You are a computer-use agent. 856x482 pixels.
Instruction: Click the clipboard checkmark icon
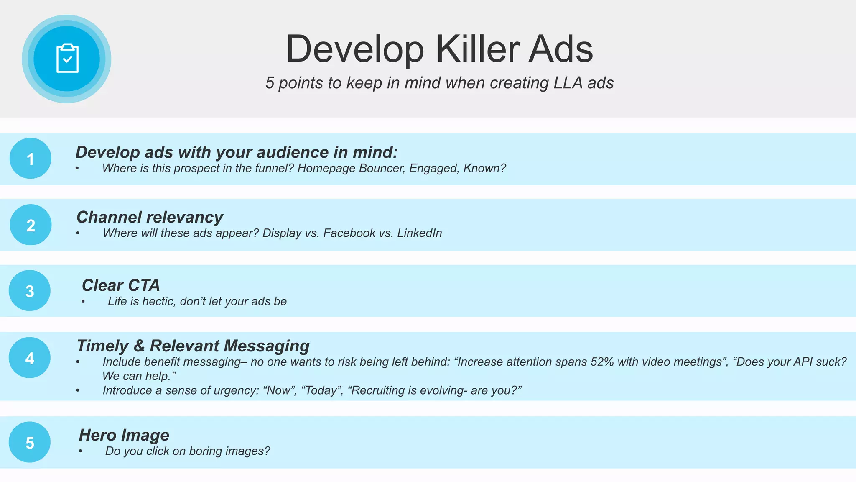pyautogui.click(x=67, y=59)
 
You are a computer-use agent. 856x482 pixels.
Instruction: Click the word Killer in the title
pyautogui.click(x=478, y=49)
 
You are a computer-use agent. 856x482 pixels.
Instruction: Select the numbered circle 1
pyautogui.click(x=31, y=159)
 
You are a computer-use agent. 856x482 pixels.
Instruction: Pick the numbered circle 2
pyautogui.click(x=31, y=225)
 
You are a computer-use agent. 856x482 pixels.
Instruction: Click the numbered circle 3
pyautogui.click(x=30, y=291)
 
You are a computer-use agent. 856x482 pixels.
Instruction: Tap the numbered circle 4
pyautogui.click(x=30, y=358)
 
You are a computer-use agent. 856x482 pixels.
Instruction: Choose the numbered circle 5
pyautogui.click(x=30, y=442)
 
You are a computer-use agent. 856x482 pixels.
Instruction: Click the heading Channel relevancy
pyautogui.click(x=150, y=217)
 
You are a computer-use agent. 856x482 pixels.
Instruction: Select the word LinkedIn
pyautogui.click(x=419, y=233)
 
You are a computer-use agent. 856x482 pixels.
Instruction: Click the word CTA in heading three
pyautogui.click(x=144, y=285)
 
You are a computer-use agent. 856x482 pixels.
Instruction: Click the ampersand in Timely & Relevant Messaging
pyautogui.click(x=139, y=346)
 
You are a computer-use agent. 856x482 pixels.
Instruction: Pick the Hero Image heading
pyautogui.click(x=124, y=435)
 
